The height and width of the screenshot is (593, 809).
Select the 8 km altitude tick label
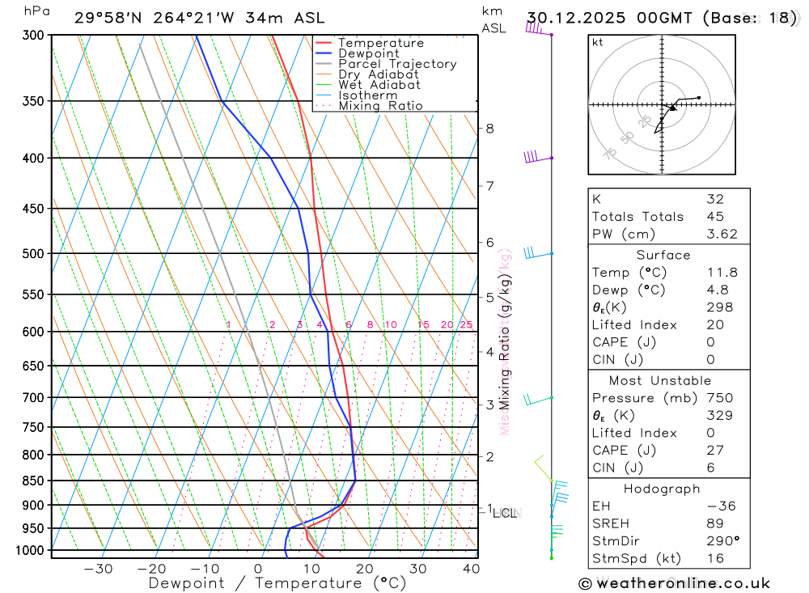(490, 128)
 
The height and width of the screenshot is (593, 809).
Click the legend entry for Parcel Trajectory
(397, 64)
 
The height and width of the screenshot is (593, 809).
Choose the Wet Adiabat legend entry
(379, 85)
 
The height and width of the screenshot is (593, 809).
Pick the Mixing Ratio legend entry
(380, 106)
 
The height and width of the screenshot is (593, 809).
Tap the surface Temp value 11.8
(722, 273)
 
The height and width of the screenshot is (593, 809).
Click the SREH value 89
(714, 524)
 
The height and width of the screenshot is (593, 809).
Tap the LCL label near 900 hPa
(505, 513)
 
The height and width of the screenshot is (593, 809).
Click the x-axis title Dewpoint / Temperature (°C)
(277, 583)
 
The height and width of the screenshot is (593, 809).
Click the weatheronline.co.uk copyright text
(674, 583)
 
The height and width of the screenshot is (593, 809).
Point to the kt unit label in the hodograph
(598, 43)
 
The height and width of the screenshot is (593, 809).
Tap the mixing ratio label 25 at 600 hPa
(466, 325)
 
